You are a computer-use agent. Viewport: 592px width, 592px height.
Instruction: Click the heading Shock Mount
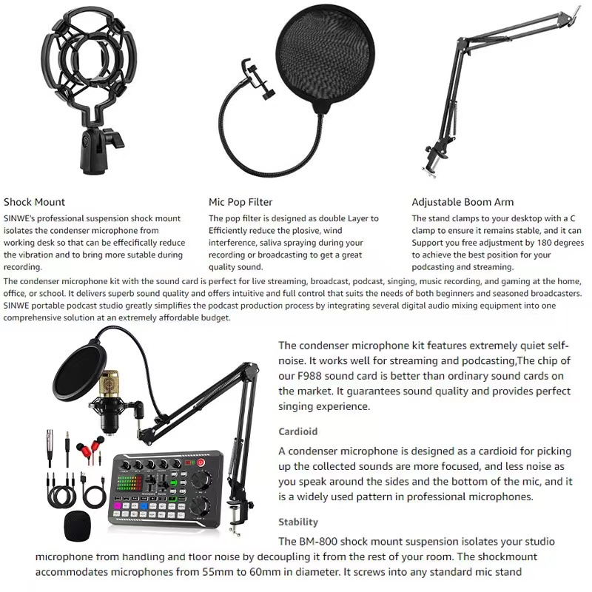(34, 202)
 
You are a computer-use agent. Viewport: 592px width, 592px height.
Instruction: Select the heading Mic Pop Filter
(240, 202)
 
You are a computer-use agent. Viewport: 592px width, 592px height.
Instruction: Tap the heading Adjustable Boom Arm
(462, 202)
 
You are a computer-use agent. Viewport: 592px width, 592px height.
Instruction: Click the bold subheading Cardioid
(297, 431)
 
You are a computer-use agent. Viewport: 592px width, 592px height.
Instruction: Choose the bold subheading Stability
(298, 522)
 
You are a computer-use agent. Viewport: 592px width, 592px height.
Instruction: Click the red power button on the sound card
(200, 463)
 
